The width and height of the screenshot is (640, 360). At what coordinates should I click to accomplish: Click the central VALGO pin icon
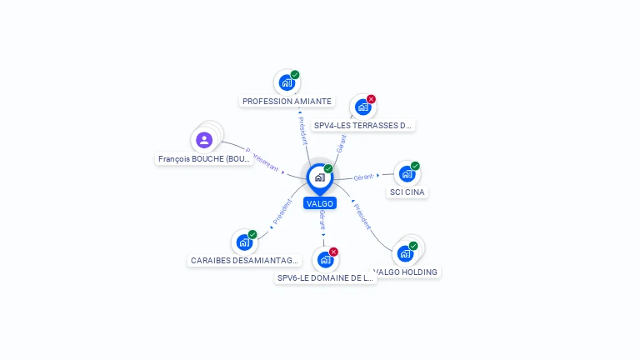[319, 177]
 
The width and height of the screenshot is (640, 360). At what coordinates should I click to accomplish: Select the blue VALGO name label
[320, 203]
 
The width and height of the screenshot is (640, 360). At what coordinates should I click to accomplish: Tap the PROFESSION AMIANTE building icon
[287, 83]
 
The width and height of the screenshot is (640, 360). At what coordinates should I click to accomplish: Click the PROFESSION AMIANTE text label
[287, 102]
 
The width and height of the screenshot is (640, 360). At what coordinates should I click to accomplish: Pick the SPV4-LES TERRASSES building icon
[362, 107]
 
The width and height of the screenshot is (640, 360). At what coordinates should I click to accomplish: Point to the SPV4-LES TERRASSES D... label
[363, 126]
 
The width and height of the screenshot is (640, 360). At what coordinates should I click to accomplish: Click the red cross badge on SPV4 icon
[371, 99]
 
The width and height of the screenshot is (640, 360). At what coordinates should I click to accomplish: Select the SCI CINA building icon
[407, 173]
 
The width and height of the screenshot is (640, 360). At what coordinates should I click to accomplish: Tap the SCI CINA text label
[407, 192]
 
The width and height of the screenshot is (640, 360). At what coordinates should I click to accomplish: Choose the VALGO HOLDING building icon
[406, 253]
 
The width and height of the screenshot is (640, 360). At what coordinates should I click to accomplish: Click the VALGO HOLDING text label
[406, 272]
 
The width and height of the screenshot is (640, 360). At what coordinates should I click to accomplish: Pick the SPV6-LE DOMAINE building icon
[325, 259]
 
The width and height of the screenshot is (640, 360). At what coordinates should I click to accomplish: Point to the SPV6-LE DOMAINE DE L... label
[326, 278]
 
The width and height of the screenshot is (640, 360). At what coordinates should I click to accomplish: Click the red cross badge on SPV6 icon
[333, 252]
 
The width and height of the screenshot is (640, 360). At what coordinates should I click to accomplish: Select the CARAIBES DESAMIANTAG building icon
[244, 242]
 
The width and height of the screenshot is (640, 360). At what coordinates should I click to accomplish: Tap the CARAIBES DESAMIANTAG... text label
[244, 261]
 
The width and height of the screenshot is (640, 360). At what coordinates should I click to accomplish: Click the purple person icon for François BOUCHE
[204, 140]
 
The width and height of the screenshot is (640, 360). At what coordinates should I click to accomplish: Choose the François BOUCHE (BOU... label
[205, 159]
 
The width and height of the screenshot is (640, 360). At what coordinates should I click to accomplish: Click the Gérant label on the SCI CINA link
[364, 177]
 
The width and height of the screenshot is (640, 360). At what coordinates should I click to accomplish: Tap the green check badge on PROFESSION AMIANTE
[295, 75]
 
